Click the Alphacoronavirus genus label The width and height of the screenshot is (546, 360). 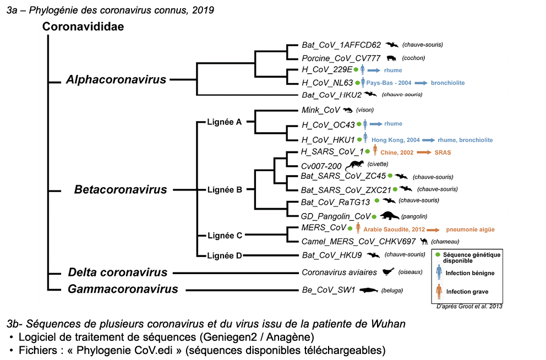(x=116, y=80)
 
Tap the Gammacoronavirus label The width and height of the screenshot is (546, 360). (x=123, y=289)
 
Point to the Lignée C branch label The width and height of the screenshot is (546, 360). (x=225, y=235)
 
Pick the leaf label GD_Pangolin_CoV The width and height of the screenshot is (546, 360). (x=336, y=216)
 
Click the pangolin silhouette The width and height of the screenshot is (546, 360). (x=390, y=216)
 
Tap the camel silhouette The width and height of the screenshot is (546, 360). (x=423, y=241)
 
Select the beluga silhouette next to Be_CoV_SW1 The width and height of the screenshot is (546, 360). (x=368, y=290)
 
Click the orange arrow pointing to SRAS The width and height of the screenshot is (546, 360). (x=423, y=152)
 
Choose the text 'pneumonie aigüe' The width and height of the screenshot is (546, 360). (x=470, y=229)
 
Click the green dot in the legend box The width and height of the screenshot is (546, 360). (x=438, y=254)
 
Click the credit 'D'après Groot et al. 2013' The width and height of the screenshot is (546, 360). (x=468, y=306)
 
